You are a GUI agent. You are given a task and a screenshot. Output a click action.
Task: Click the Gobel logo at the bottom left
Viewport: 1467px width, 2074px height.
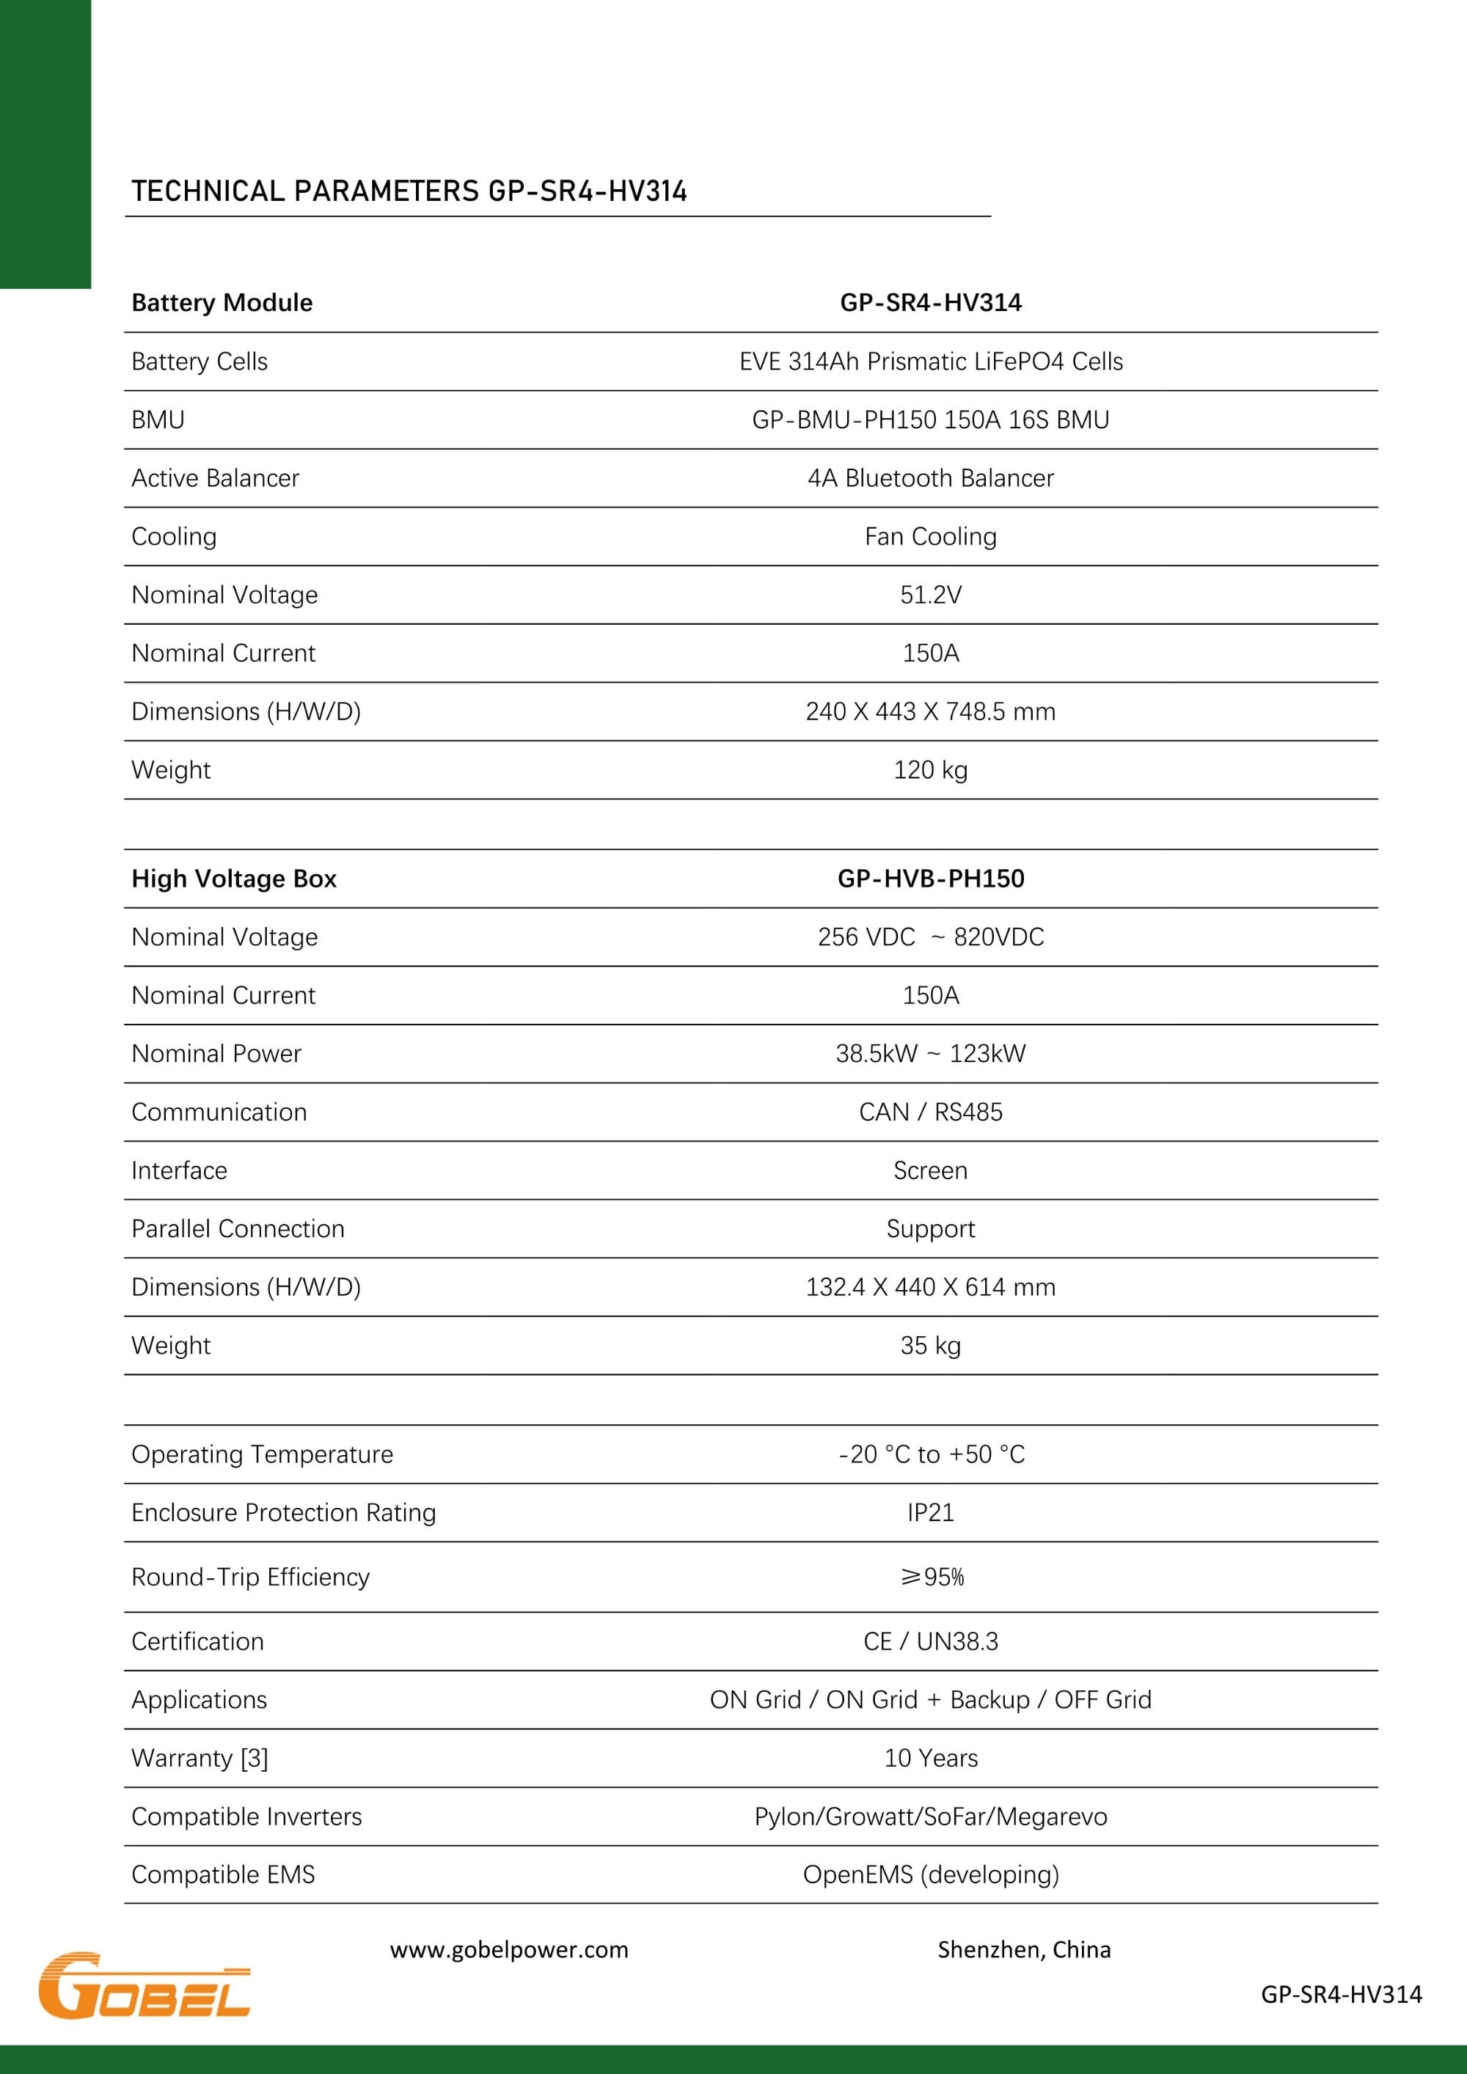click(144, 1985)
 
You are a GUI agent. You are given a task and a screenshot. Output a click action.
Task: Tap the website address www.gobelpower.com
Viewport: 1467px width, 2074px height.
click(508, 1949)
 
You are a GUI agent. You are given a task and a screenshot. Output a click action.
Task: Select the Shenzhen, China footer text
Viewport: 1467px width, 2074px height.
click(1023, 1949)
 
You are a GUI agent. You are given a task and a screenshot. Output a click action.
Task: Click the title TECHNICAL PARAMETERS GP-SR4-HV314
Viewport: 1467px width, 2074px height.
click(409, 191)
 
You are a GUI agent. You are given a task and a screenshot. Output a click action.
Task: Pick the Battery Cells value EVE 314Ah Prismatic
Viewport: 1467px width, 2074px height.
click(930, 362)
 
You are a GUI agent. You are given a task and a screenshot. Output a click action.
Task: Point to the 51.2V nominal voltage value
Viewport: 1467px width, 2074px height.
click(930, 594)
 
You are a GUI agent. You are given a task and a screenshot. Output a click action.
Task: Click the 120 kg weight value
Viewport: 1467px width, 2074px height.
click(930, 769)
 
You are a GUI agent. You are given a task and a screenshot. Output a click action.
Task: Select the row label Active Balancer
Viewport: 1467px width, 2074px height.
click(215, 478)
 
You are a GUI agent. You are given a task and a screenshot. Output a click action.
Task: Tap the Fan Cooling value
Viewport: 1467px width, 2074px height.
click(930, 537)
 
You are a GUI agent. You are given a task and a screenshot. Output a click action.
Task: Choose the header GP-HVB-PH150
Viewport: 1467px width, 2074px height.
click(930, 879)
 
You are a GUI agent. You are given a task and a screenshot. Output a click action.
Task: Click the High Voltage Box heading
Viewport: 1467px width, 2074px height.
click(234, 879)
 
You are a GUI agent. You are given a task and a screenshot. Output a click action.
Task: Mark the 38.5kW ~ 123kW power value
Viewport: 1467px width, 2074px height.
click(930, 1053)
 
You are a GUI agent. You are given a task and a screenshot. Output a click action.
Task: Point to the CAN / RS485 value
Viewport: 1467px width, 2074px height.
click(930, 1112)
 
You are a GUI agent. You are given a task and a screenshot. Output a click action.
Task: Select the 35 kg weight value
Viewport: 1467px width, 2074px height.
click(930, 1345)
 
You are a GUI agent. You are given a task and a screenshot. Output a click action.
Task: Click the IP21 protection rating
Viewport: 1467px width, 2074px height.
click(930, 1512)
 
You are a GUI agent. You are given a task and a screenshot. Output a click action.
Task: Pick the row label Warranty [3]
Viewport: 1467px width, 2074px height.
click(200, 1758)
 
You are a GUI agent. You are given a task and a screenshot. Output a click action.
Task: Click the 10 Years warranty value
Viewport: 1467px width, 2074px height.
click(930, 1758)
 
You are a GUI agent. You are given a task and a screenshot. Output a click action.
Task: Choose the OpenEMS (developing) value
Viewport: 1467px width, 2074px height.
click(930, 1875)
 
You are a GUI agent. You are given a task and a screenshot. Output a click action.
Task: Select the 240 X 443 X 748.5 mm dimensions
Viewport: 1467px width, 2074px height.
click(930, 712)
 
